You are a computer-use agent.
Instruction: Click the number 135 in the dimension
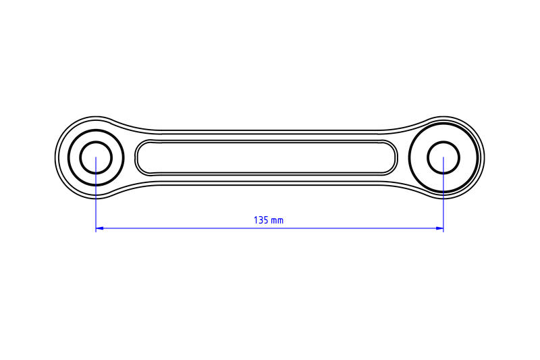[260, 220]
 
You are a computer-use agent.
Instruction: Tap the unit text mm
[277, 221]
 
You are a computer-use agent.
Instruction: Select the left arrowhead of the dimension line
[99, 229]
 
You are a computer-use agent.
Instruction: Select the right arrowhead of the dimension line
[439, 229]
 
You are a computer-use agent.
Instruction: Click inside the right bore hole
[443, 157]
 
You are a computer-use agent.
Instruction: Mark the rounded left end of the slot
[138, 157]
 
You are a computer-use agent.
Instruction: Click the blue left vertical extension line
[96, 203]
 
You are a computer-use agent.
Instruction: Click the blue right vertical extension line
[443, 203]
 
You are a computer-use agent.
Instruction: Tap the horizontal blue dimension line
[202, 229]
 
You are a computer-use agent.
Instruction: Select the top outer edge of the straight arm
[270, 130]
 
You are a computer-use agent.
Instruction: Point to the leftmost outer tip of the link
[55, 157]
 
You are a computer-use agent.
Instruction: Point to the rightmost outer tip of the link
[484, 157]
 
